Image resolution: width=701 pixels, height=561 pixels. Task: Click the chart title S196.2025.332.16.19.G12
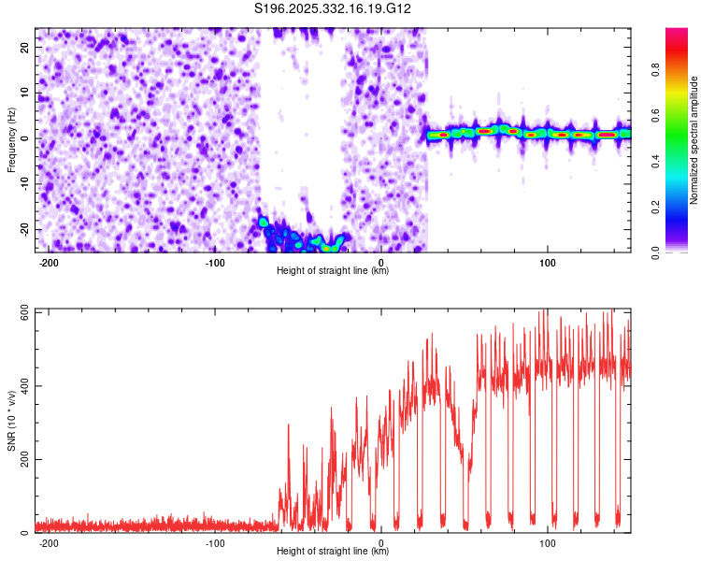click(x=334, y=8)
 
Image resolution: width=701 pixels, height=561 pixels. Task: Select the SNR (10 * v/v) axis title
click(x=11, y=421)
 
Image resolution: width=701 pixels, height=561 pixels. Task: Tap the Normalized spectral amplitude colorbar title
click(x=694, y=140)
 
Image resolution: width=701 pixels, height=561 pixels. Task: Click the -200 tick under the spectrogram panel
click(x=49, y=262)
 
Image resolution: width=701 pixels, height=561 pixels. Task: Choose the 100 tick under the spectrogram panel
click(x=548, y=262)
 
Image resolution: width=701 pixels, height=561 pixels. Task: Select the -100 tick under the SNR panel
click(x=215, y=542)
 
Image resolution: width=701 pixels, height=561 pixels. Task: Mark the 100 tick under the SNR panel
click(x=548, y=542)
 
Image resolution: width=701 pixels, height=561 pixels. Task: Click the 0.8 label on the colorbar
click(x=680, y=68)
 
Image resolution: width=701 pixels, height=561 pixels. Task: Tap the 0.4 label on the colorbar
click(x=680, y=160)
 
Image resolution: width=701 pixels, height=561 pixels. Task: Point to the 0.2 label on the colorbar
click(x=680, y=206)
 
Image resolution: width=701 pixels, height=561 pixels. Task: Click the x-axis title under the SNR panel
click(x=333, y=553)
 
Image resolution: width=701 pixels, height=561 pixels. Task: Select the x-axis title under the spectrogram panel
click(x=333, y=271)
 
